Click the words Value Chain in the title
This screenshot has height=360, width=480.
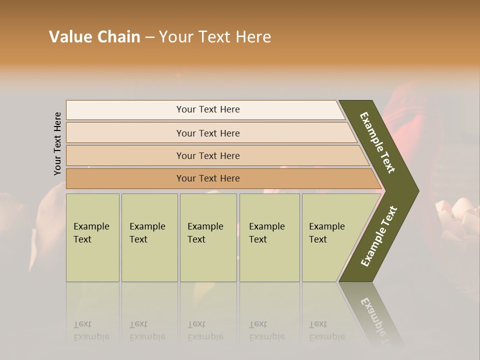94,37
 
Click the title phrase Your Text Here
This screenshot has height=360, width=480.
215,37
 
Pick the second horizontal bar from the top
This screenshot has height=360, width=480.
207,133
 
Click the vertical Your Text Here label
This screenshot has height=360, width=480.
58,143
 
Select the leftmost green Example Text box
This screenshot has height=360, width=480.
92,237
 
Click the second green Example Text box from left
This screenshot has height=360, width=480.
149,237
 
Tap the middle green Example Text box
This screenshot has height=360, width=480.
208,237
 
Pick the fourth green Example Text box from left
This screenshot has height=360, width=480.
269,237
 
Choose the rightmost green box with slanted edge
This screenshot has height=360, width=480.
330,237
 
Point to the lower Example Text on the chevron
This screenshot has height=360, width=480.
378,236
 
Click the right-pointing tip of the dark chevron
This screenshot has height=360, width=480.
415,190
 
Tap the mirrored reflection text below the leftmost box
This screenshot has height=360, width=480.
91,330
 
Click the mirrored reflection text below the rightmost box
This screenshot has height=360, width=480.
326,330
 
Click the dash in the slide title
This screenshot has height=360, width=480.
149,37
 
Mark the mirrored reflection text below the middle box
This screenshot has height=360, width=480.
205,330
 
